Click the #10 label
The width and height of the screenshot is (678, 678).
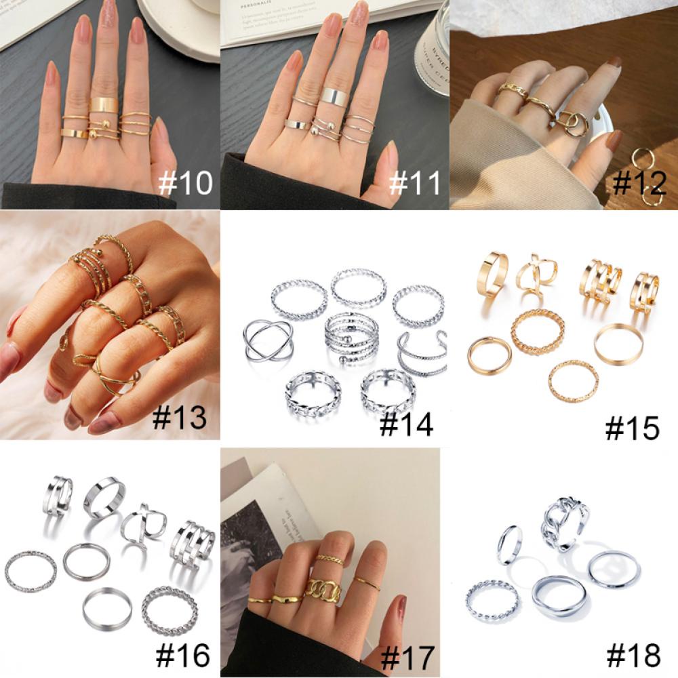pyautogui.click(x=185, y=183)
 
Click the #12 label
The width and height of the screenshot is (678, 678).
pyautogui.click(x=639, y=183)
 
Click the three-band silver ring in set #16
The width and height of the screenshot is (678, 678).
pyautogui.click(x=191, y=542)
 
